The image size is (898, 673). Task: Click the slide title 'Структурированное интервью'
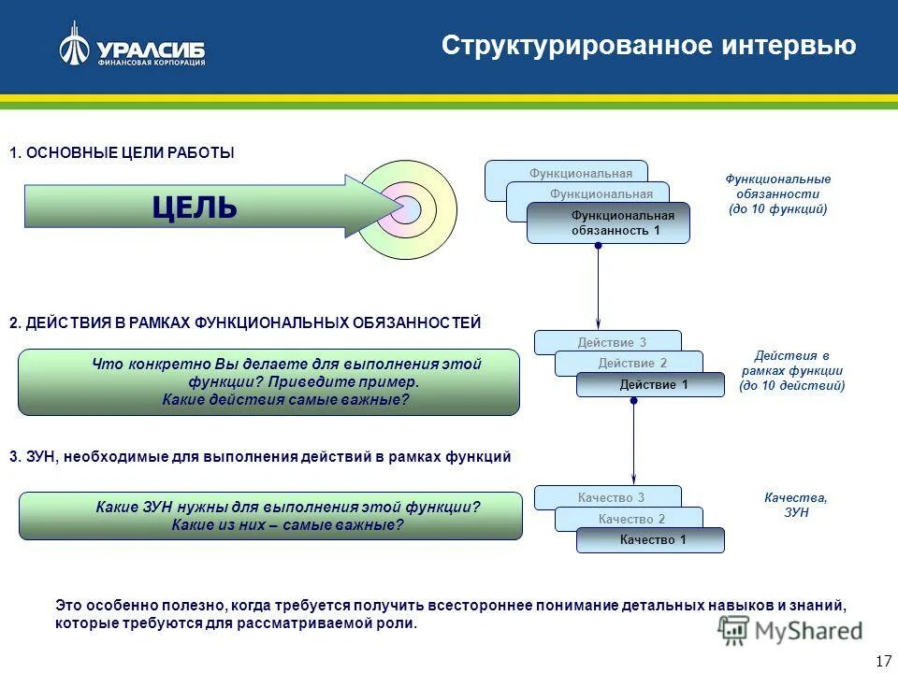[648, 46]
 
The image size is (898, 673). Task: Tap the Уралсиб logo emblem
[74, 45]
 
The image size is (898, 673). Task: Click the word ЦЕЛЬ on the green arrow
[195, 208]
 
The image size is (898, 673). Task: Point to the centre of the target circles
[405, 209]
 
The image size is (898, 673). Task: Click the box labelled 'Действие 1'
[653, 384]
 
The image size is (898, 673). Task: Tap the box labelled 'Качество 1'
[653, 539]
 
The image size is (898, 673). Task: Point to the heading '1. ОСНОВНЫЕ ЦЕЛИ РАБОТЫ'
[122, 152]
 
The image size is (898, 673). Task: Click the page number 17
[882, 661]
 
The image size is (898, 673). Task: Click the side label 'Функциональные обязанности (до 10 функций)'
[778, 193]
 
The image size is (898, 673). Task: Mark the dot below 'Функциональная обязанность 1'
[598, 245]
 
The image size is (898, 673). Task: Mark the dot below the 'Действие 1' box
[633, 400]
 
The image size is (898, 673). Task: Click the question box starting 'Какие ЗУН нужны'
[270, 516]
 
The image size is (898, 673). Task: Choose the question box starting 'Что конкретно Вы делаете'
[268, 382]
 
